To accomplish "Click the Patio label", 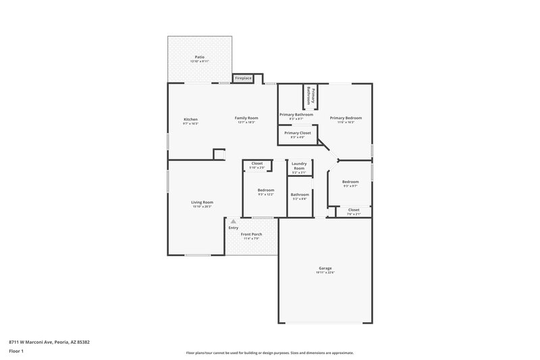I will click(x=200, y=57).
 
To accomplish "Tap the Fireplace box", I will click(x=243, y=78).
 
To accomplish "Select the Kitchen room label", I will click(x=190, y=120).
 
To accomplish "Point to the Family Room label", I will click(x=246, y=118).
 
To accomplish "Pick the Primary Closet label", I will click(x=297, y=133).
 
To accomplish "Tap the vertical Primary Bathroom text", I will click(x=310, y=95).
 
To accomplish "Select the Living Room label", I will click(x=202, y=203).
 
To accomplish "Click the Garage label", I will click(x=325, y=269).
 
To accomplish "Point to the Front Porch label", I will click(x=252, y=234).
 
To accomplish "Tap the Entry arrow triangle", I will click(x=234, y=221).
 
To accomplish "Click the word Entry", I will click(x=234, y=228).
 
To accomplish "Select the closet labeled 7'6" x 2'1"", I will click(x=354, y=210).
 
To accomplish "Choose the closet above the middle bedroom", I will click(x=257, y=163).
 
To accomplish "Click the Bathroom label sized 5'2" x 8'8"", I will click(x=299, y=195).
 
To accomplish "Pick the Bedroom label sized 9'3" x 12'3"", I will click(x=266, y=190).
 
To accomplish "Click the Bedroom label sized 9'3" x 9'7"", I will click(x=350, y=182).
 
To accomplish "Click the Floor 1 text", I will click(x=16, y=352).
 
